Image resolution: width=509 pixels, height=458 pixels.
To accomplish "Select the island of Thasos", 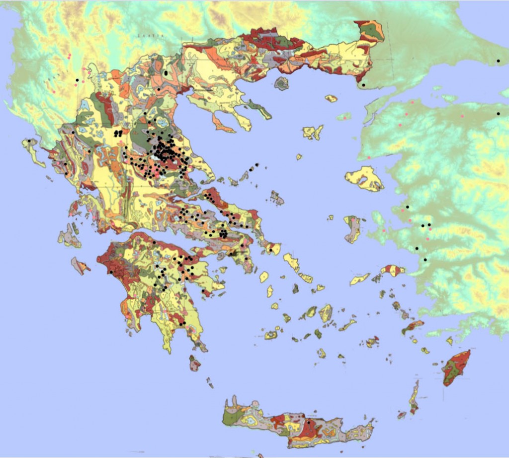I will coord(281,83).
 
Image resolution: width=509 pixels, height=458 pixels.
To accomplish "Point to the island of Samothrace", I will coord(331,98).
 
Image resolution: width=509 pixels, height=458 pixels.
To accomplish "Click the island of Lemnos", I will coord(313,132).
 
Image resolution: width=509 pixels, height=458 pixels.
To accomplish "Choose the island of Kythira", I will coord(194,363).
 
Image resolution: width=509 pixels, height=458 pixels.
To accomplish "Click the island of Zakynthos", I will coord(80,266).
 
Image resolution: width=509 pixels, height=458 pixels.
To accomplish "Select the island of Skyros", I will coord(277,199).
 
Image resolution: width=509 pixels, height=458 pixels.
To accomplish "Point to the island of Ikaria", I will coord(360,279).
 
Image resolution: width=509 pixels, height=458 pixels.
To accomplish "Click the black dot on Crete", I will coord(308,422).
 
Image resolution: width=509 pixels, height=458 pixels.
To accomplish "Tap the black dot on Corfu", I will coord(29,141).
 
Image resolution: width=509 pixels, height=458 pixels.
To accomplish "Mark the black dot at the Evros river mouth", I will coord(364,85).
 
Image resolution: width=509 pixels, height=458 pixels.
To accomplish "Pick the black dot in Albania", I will coord(77,80).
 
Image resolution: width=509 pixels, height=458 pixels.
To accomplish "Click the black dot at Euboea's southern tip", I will coord(270,250).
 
